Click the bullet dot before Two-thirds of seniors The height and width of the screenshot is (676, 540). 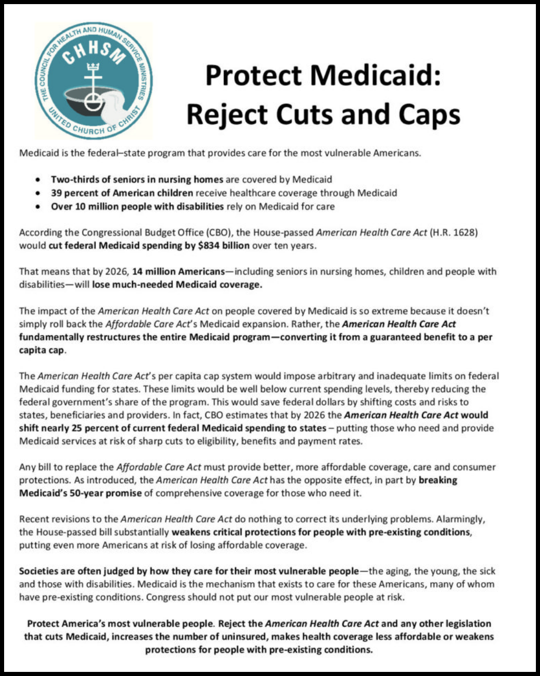[38, 180]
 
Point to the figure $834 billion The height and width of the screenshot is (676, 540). [223, 245]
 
